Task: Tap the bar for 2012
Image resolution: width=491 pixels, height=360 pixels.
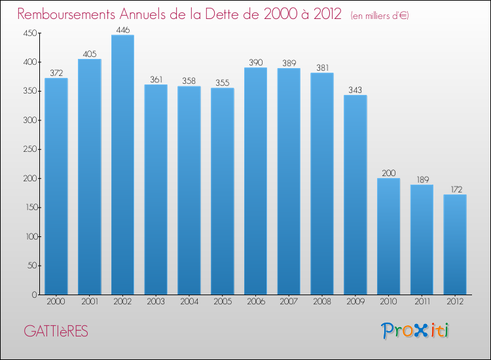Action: [455, 245]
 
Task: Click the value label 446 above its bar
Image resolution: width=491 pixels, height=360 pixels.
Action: [122, 29]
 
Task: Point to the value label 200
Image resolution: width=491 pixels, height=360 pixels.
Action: [388, 173]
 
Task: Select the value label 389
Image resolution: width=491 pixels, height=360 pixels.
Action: [289, 63]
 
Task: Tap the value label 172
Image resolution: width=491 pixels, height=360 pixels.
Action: [455, 189]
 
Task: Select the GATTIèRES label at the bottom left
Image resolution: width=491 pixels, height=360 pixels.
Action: [56, 331]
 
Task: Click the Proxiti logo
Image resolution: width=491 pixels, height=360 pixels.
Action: [415, 331]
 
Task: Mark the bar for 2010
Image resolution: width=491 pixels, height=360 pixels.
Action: [388, 236]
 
